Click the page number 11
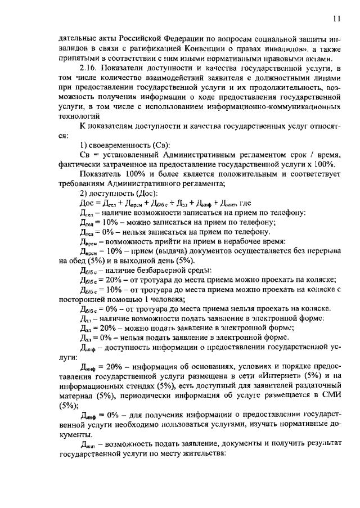pos(336,19)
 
